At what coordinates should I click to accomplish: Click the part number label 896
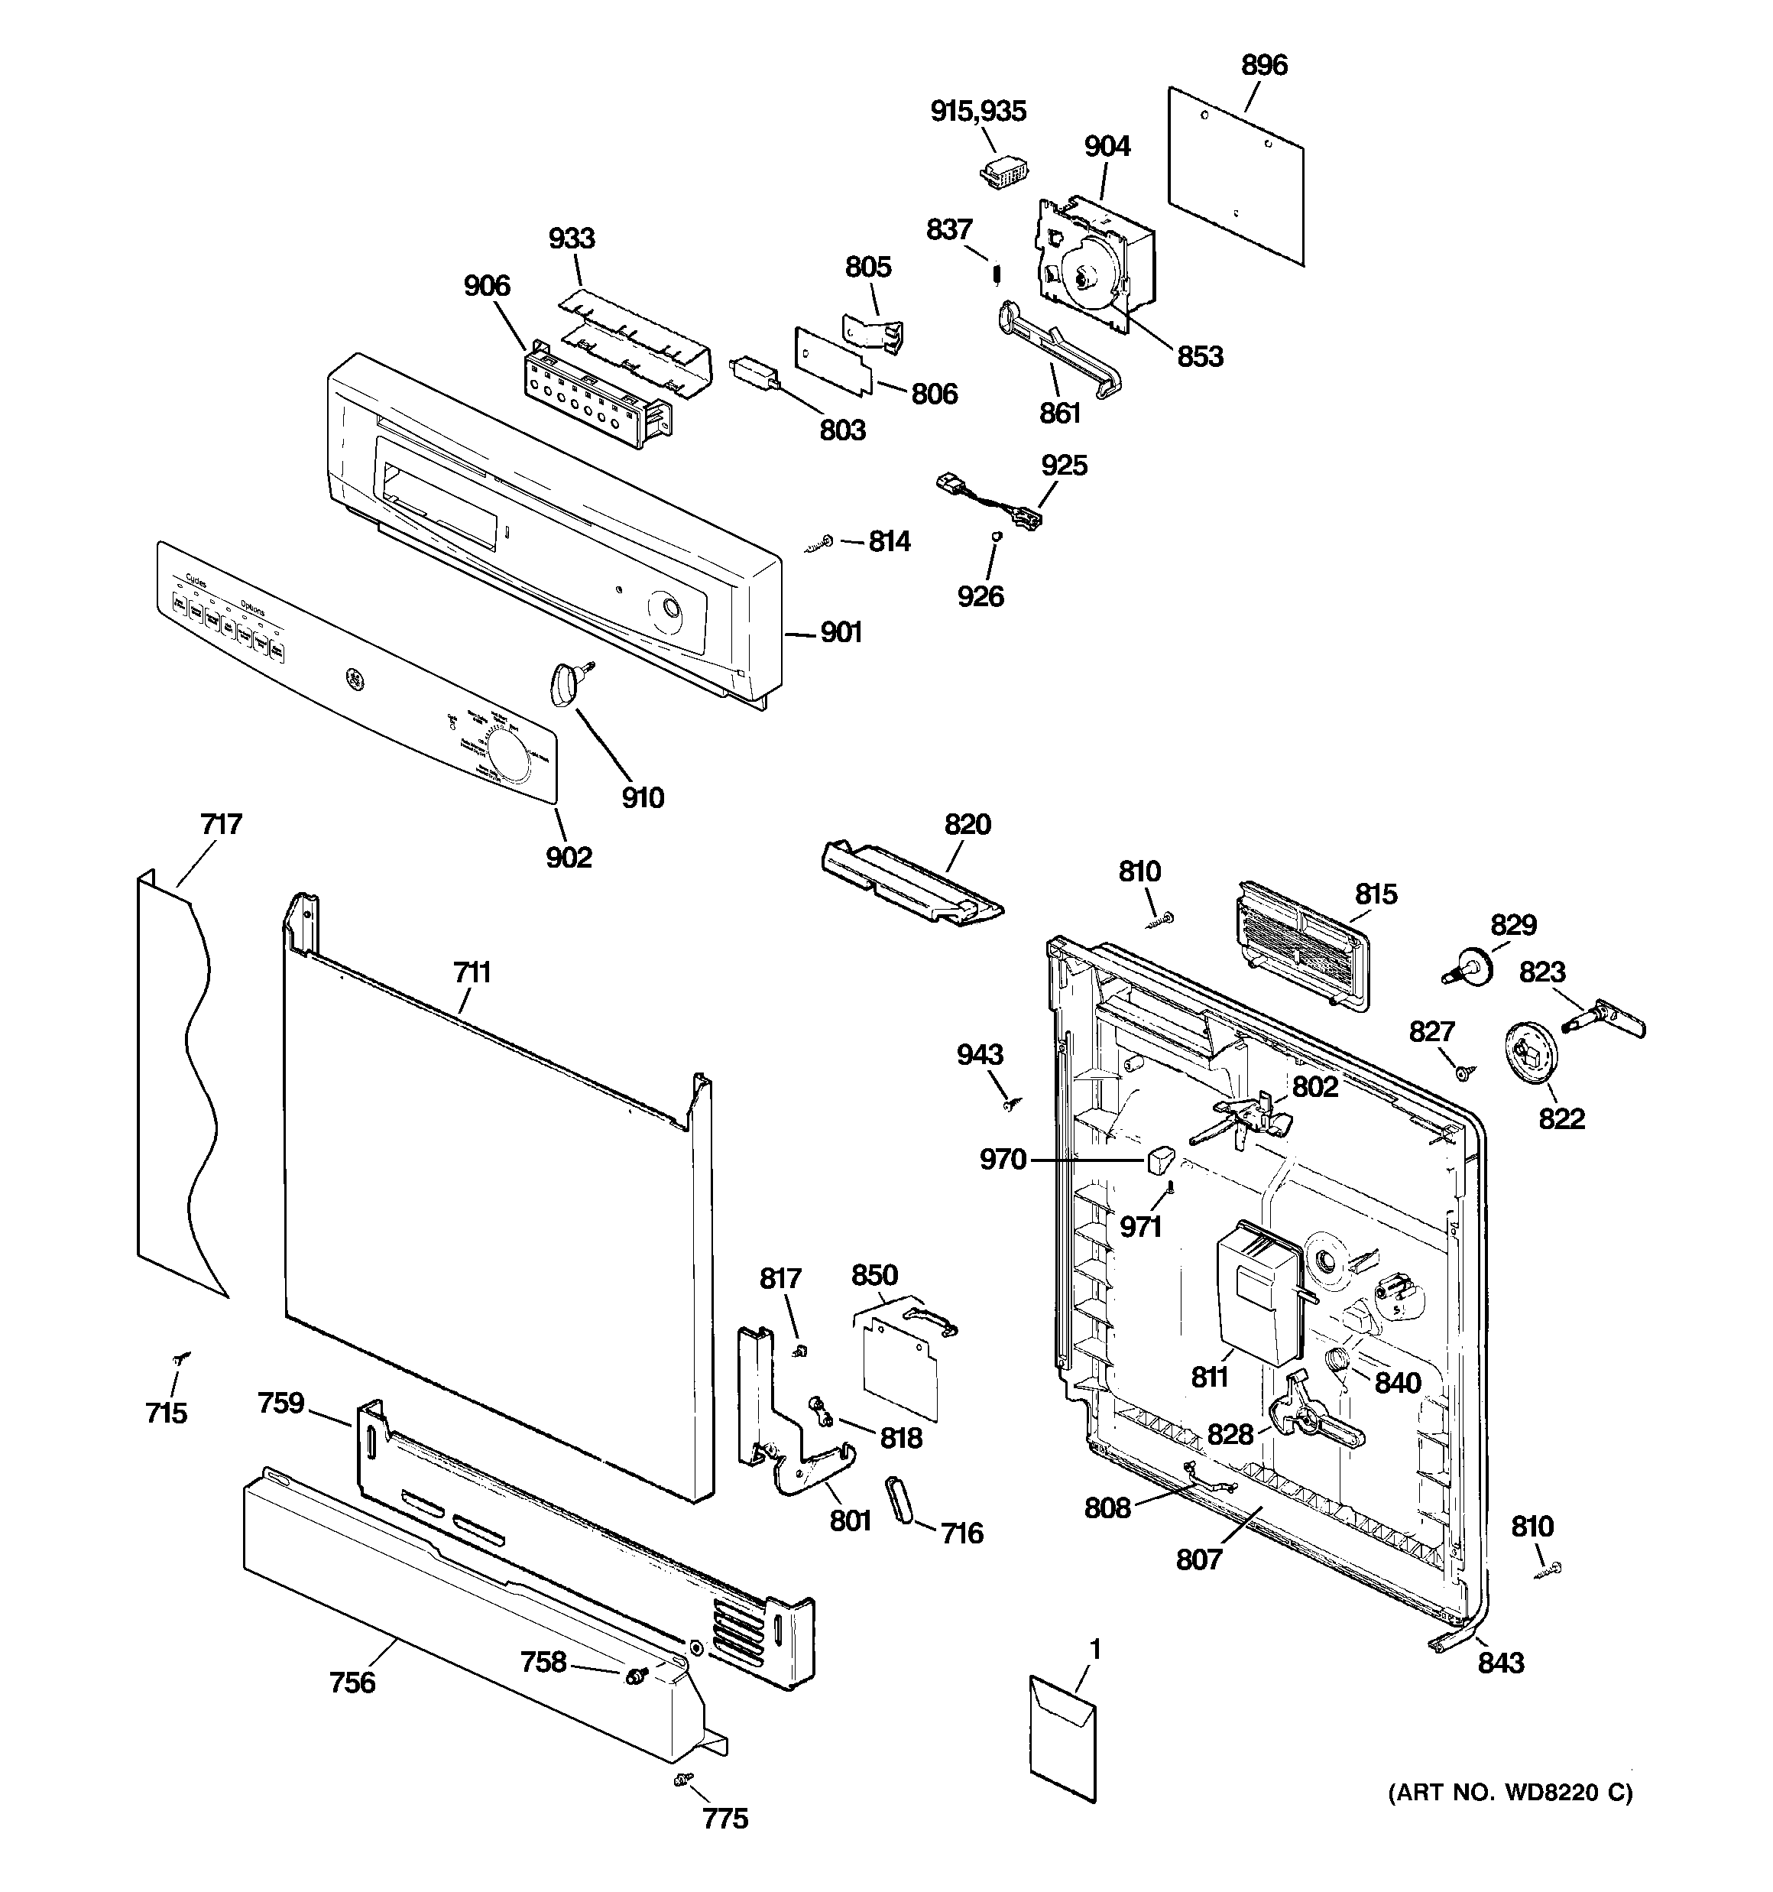point(1264,66)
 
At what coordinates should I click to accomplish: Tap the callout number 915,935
point(977,112)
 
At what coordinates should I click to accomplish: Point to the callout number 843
point(1501,1663)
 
